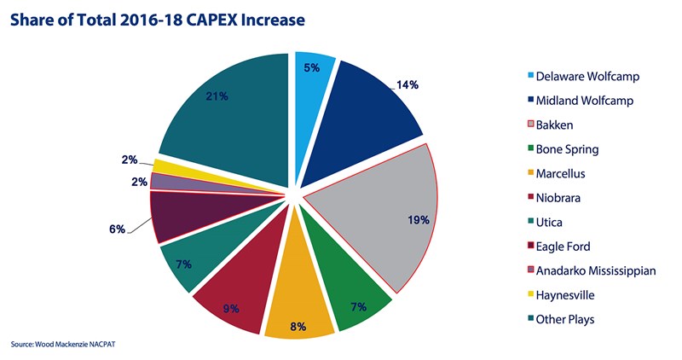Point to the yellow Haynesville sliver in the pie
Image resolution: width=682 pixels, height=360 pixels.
click(170, 165)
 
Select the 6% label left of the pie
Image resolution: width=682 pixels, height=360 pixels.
click(117, 229)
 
